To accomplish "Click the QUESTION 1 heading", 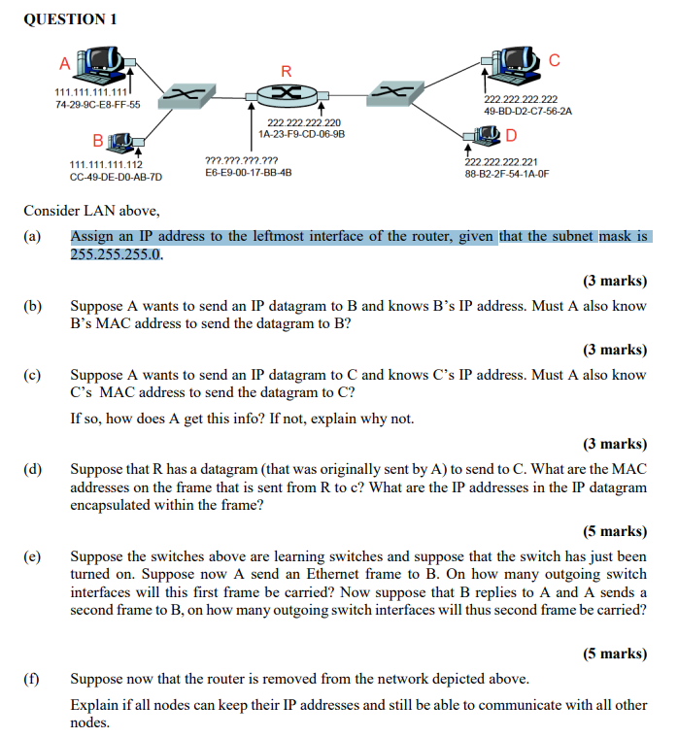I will (70, 18).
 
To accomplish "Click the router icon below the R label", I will (285, 93).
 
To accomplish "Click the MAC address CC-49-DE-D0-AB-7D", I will (116, 177).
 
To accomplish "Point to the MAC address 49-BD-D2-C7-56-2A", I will (527, 111).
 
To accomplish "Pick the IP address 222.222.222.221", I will (502, 162).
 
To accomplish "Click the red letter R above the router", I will (286, 70).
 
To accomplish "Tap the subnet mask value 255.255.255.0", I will (117, 254).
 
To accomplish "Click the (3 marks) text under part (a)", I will (614, 282).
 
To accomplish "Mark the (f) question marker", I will (33, 679).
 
